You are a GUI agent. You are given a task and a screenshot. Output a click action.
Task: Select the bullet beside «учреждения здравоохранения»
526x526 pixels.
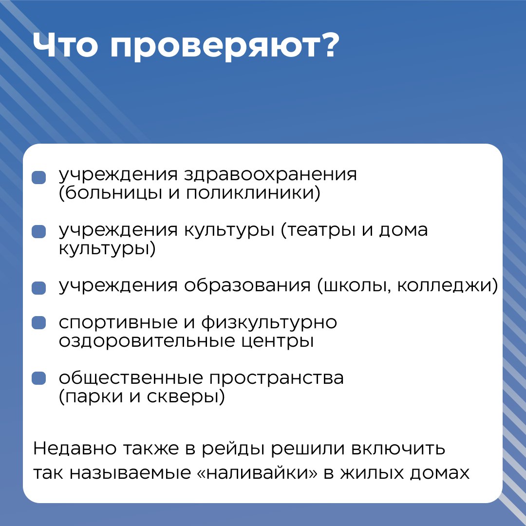click(x=38, y=177)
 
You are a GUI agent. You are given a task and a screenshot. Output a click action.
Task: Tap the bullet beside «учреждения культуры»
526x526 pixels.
click(x=38, y=232)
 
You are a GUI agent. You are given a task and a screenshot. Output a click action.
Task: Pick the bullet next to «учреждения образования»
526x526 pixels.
click(x=38, y=288)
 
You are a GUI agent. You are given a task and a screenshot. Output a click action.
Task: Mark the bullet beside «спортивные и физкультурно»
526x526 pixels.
click(x=38, y=323)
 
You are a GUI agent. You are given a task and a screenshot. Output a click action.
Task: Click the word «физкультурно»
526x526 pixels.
click(x=269, y=323)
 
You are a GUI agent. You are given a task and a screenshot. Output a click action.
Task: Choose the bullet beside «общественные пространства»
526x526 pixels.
click(x=38, y=378)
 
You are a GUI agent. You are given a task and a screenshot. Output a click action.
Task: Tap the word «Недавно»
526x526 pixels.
click(x=75, y=449)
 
